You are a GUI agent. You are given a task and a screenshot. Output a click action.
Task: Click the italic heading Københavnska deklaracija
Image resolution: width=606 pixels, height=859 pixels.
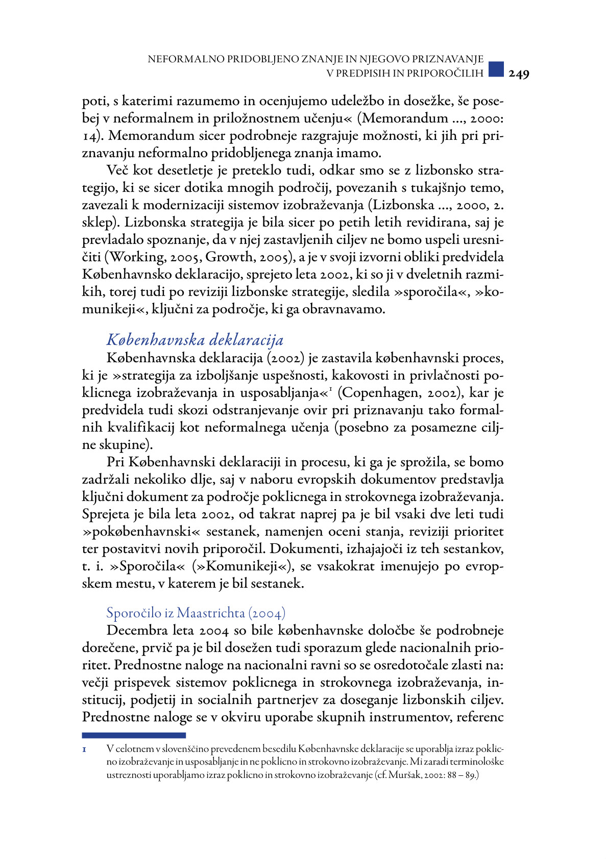pyautogui.click(x=195, y=340)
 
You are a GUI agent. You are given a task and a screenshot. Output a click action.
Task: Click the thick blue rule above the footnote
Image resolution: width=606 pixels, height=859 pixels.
pyautogui.click(x=134, y=735)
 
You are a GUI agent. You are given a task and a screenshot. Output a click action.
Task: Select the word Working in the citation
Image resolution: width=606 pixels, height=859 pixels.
pyautogui.click(x=135, y=257)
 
